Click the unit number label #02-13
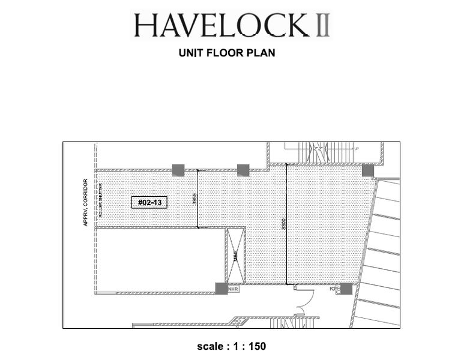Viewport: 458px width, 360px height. (149, 202)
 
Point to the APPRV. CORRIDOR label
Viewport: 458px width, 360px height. (86, 202)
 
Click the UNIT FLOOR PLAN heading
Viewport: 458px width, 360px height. (227, 53)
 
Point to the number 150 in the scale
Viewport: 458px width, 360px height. (256, 347)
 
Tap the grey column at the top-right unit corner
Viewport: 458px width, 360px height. (367, 171)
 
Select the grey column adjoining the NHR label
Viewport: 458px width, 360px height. (221, 289)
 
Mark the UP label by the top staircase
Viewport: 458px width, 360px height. (357, 149)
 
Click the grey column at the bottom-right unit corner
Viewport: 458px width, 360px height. (346, 289)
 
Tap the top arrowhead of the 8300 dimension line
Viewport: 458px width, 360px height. (287, 165)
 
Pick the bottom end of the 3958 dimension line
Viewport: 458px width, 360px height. (198, 227)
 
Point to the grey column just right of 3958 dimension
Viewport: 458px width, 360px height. (243, 170)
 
